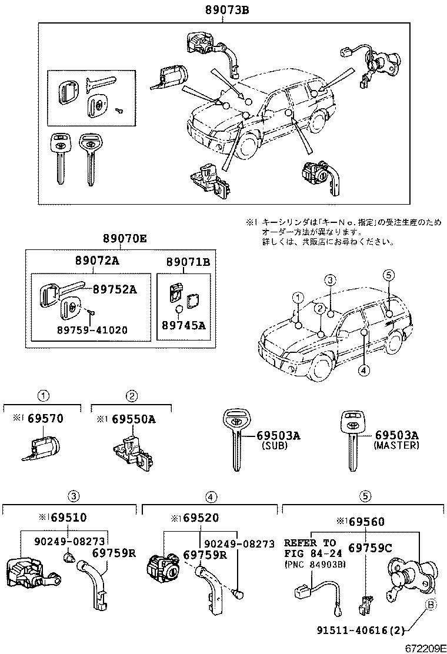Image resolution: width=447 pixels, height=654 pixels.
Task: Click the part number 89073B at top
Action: [223, 9]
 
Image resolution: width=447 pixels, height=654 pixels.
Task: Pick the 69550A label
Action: [129, 419]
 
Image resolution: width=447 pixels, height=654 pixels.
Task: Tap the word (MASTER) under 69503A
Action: [396, 445]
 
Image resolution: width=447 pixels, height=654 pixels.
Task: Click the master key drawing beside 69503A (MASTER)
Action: [351, 438]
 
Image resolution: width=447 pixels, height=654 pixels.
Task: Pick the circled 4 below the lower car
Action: [364, 370]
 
